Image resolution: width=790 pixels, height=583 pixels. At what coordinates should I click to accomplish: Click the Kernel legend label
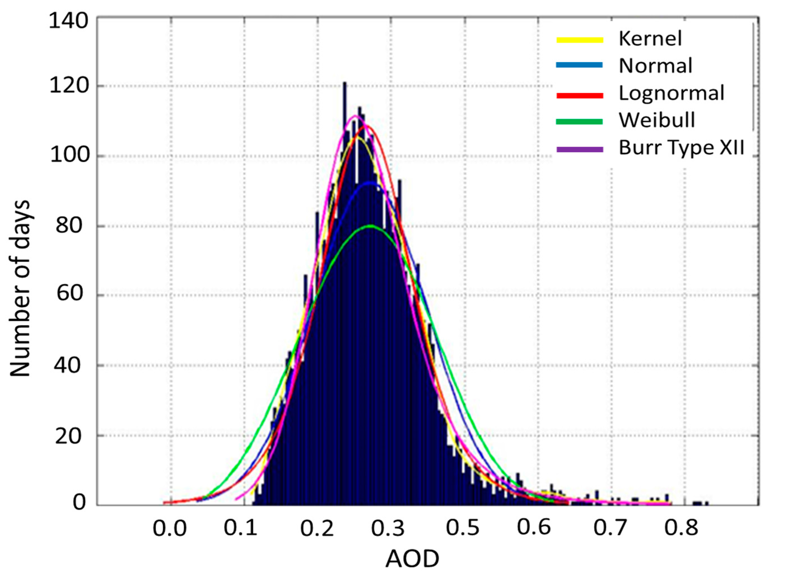coord(650,39)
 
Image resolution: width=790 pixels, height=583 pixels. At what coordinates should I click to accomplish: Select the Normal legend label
coord(656,66)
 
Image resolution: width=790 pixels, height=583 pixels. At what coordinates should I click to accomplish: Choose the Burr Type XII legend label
coord(681,148)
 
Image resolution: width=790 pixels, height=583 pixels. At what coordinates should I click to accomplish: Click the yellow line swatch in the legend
coord(579,39)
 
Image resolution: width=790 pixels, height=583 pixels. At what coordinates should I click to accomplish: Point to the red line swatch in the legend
coord(579,95)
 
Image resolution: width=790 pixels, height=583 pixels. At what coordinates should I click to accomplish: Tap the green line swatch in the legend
coord(579,122)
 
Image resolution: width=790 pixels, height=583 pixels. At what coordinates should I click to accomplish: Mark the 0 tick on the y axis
coord(79,503)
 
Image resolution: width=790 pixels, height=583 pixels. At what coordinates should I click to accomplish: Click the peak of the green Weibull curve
coord(370,226)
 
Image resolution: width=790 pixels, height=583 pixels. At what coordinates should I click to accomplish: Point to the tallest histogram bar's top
coord(344,83)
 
